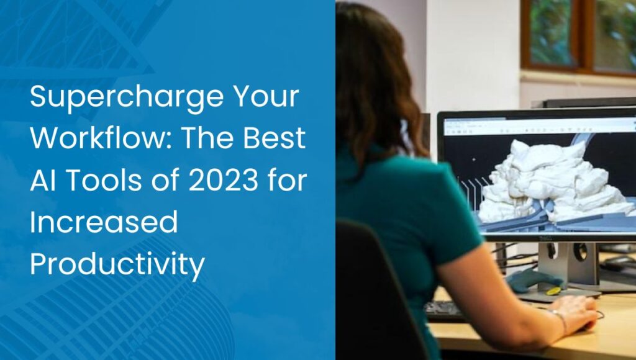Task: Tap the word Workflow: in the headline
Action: pos(102,138)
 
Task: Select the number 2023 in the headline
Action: pos(224,181)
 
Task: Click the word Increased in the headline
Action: pos(104,222)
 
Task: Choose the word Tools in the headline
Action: pos(104,181)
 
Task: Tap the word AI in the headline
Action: pos(43,181)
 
